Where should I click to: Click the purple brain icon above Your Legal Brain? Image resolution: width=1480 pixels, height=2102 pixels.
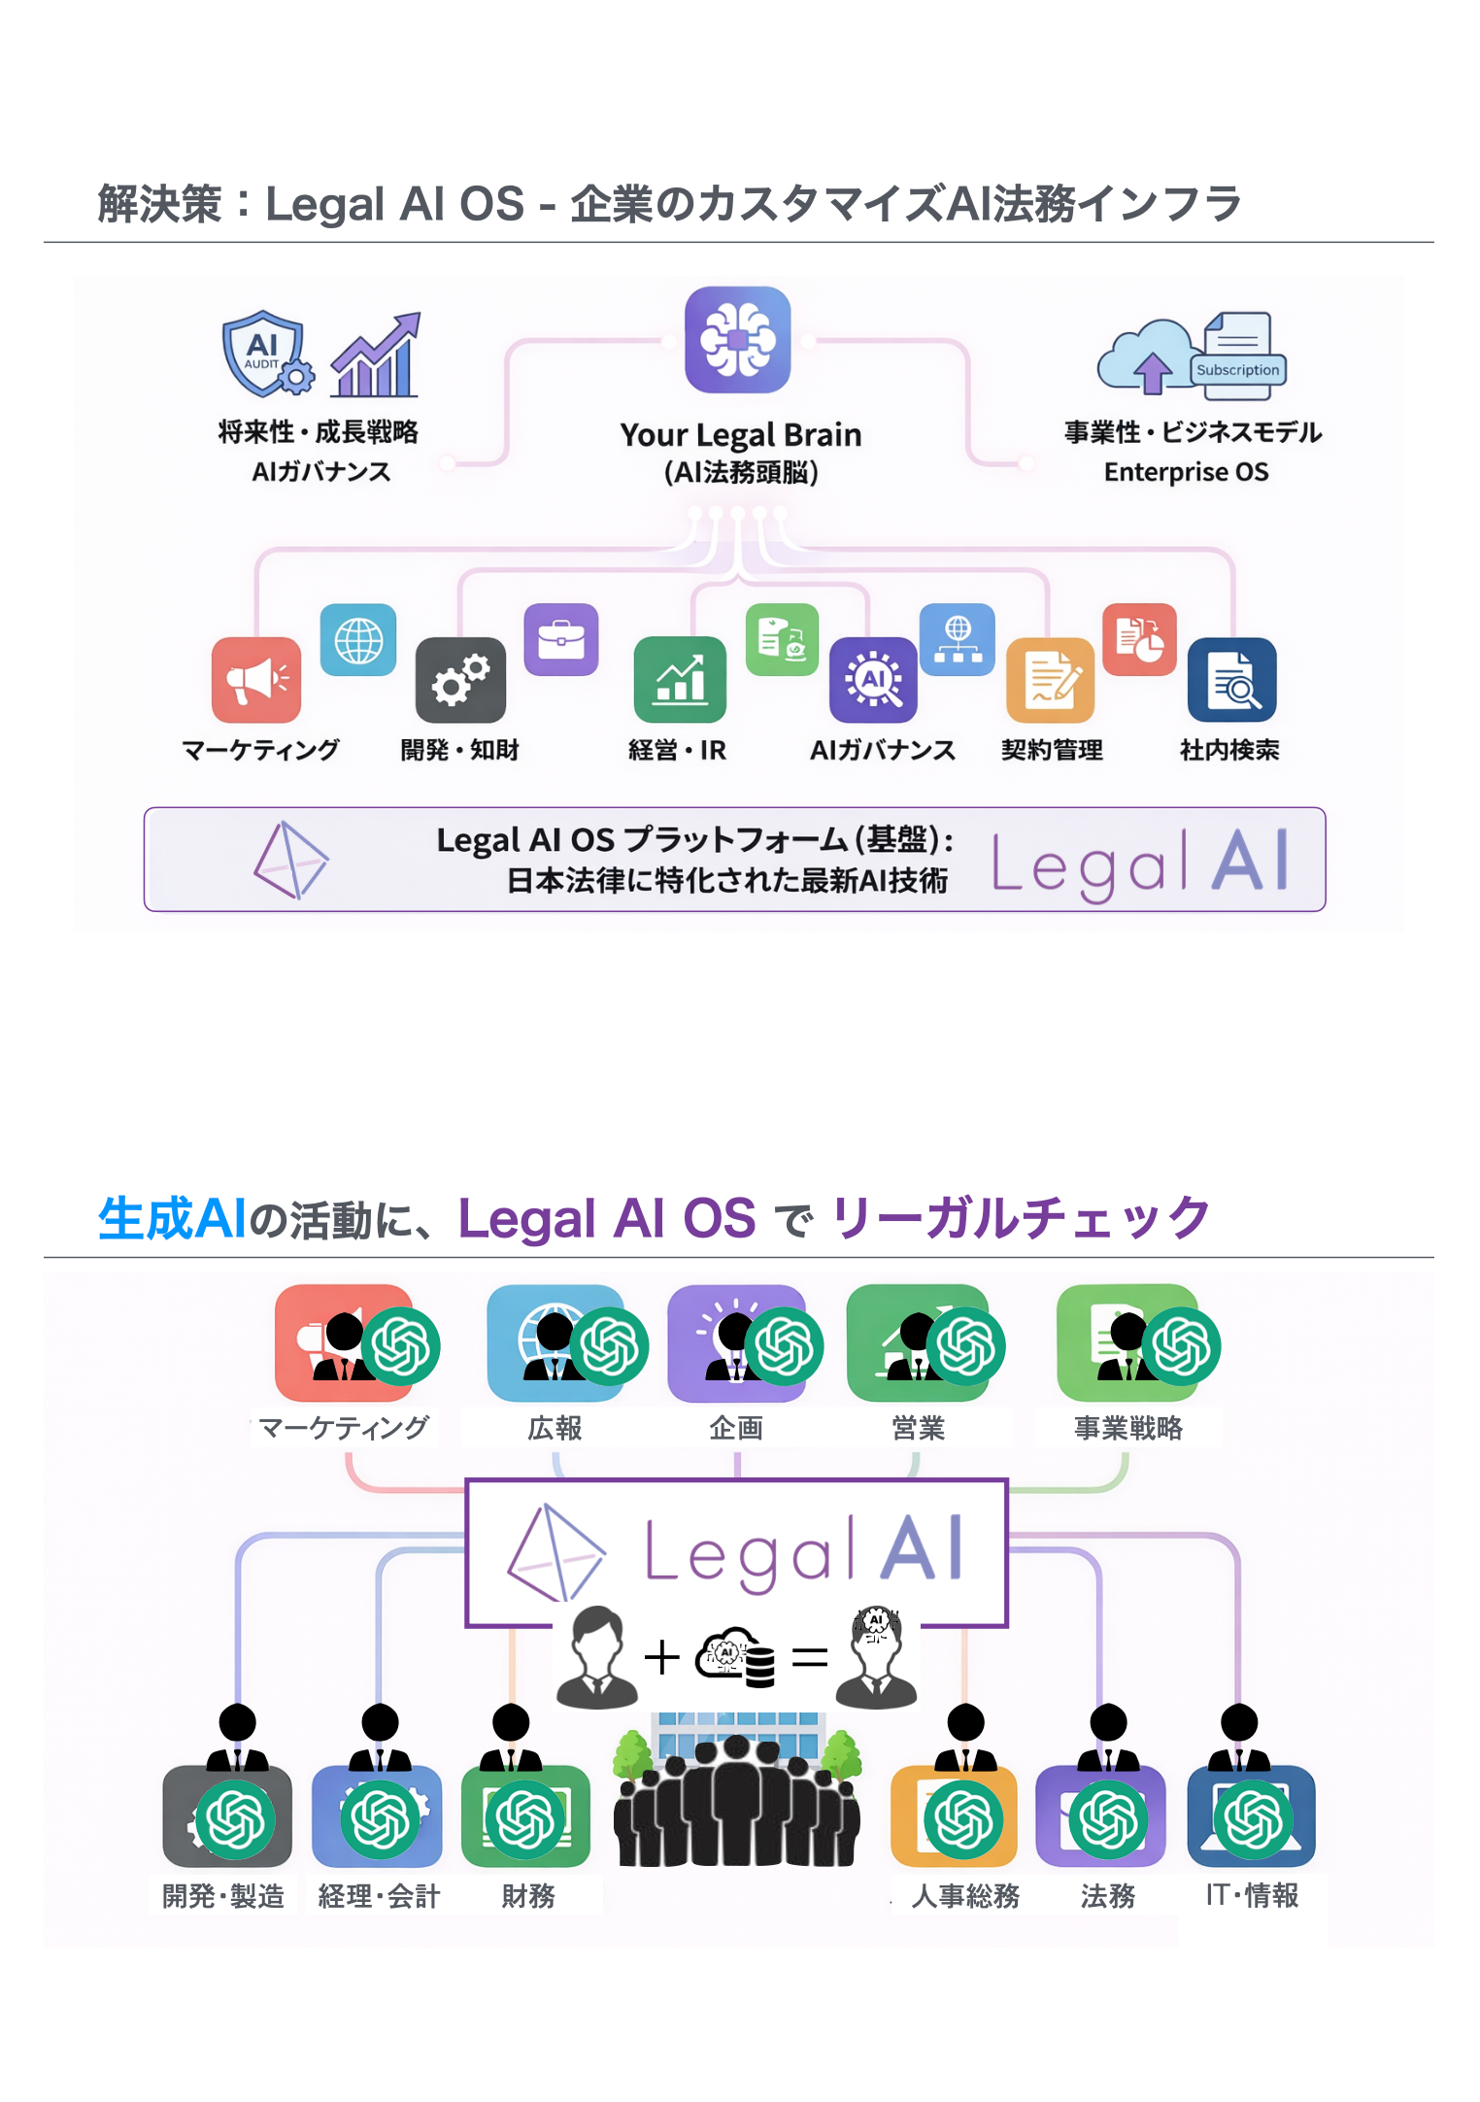click(737, 340)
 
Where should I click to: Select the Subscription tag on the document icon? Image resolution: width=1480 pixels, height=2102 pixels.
click(1237, 370)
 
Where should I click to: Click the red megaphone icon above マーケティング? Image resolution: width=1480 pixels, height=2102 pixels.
click(256, 680)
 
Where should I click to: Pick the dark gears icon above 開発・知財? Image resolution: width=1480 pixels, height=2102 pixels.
click(460, 680)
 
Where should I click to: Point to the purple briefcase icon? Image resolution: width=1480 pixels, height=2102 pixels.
click(561, 639)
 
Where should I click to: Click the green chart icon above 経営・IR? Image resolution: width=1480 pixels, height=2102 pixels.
click(680, 680)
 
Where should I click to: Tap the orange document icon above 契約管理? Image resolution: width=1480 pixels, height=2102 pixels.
click(1051, 680)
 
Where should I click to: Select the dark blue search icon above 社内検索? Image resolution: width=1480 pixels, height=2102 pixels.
click(1231, 680)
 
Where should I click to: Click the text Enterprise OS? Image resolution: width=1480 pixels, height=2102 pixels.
click(1186, 472)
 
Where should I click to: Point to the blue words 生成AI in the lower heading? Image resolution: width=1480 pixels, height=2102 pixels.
click(172, 1218)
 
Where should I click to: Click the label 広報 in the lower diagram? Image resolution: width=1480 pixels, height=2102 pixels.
click(555, 1428)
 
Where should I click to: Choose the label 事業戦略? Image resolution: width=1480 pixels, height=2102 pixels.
click(1127, 1428)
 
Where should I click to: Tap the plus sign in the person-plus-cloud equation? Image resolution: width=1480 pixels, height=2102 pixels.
click(661, 1657)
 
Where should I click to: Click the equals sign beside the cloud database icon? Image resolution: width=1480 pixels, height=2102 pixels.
click(809, 1657)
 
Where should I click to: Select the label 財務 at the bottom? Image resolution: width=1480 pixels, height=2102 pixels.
click(528, 1896)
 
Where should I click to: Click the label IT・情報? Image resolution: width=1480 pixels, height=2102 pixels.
click(1252, 1895)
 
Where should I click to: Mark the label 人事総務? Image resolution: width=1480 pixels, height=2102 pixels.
click(965, 1896)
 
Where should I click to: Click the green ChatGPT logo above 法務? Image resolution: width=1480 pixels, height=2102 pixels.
click(1108, 1819)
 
